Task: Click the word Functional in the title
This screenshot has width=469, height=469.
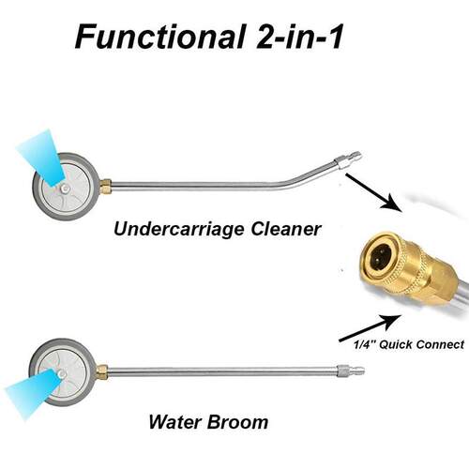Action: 159,37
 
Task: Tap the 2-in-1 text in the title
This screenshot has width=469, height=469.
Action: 299,37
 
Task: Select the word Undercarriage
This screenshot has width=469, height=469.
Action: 178,230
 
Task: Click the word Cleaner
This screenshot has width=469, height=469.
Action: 286,229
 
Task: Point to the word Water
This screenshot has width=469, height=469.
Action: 174,422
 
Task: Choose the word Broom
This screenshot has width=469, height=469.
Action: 238,422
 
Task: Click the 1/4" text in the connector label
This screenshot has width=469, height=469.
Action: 365,345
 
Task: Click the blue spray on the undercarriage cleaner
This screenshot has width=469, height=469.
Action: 42,158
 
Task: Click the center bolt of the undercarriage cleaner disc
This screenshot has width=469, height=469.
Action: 65,189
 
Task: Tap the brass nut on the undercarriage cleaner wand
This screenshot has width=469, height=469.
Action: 106,187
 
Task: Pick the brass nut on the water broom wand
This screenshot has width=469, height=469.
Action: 102,372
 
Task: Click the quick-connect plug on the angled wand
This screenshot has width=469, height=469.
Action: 348,159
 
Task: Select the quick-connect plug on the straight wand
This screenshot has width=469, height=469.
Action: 351,371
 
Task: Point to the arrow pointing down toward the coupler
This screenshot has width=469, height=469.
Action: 373,192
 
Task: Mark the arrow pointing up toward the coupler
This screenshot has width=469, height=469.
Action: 370,328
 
